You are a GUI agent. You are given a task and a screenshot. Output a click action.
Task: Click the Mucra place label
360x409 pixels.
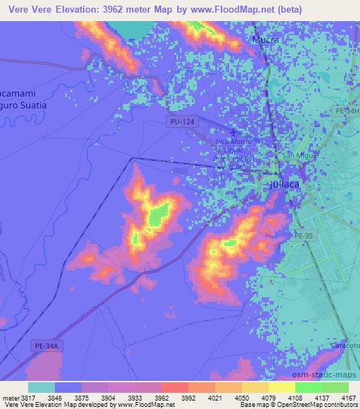[x=266, y=40]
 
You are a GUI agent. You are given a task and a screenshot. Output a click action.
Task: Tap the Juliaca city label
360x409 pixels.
[x=285, y=185]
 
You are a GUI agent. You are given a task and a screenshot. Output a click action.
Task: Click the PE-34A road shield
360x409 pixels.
[x=45, y=346]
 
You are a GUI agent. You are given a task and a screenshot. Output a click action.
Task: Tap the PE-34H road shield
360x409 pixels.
[x=347, y=112]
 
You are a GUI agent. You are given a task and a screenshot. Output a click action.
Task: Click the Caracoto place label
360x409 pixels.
[x=345, y=349]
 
